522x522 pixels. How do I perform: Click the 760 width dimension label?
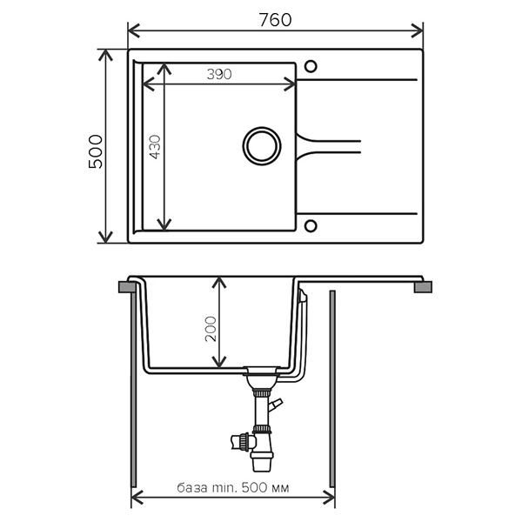click(x=275, y=20)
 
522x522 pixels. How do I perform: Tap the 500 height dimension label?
click(x=96, y=151)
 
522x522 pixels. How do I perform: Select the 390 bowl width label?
click(x=219, y=74)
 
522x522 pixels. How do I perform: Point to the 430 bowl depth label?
click(x=155, y=147)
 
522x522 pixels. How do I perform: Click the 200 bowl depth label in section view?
click(x=211, y=329)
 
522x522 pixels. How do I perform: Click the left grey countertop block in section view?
click(x=127, y=287)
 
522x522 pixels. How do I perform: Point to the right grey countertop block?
click(x=423, y=287)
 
